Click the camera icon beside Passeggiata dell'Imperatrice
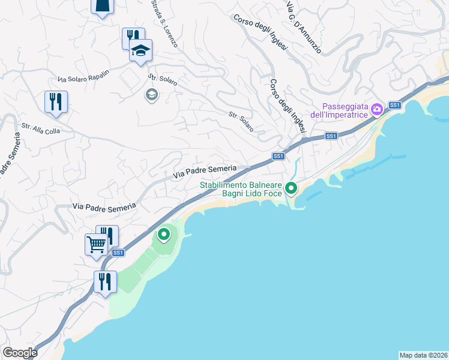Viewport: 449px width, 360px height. point(378,109)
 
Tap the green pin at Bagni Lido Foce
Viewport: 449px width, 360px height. point(291,188)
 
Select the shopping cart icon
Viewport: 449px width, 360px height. point(96,244)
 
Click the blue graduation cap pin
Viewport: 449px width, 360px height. point(141,50)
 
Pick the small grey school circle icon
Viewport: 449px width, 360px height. point(151,94)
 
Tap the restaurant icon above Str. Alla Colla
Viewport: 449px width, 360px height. point(56,101)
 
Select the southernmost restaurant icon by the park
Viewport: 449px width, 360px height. point(105,281)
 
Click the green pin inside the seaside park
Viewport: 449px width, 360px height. point(164,234)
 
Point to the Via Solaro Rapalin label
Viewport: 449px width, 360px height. point(84,76)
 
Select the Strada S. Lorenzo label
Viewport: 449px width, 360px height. point(164,25)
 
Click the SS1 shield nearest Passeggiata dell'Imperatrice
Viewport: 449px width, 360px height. point(394,105)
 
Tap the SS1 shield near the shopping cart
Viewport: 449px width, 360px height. point(118,253)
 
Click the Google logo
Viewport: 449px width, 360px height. point(19,353)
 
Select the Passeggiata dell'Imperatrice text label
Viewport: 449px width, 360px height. point(340,109)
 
